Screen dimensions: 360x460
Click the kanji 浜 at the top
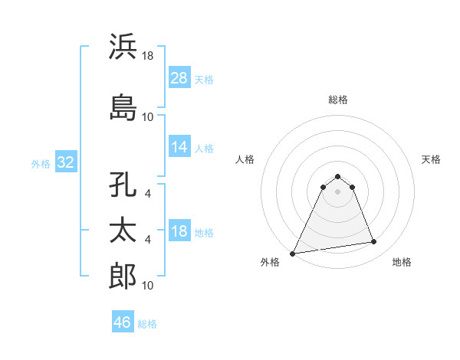point(123,47)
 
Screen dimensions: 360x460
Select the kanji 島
point(123,107)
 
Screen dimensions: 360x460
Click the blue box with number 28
point(179,78)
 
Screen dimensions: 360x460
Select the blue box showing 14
point(179,147)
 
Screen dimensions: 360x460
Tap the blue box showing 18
point(179,232)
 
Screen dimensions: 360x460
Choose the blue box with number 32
point(65,163)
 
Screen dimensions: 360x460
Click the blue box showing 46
point(123,322)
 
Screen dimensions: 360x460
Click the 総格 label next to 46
point(147,324)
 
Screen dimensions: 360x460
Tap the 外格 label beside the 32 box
point(41,164)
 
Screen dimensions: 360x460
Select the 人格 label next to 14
point(204,148)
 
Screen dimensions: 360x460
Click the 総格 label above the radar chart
point(338,100)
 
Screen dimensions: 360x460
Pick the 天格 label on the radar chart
point(432,159)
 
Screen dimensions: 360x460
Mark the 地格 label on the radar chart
point(402,262)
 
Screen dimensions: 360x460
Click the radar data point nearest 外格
point(293,253)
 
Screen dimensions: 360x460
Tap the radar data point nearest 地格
point(374,242)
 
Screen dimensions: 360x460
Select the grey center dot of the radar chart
point(338,191)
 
